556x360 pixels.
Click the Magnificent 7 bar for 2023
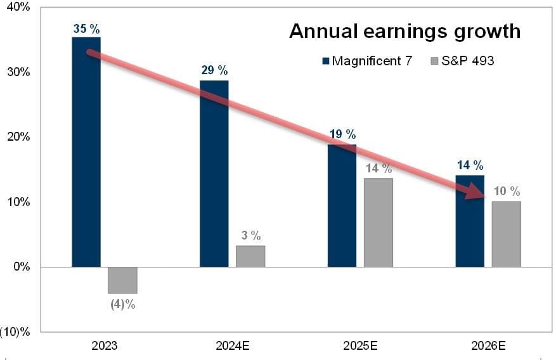(86, 152)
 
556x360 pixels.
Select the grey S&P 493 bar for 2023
(122, 280)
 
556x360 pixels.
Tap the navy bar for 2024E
(214, 174)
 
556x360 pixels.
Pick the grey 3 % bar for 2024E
(250, 256)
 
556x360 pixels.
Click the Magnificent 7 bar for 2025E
(342, 205)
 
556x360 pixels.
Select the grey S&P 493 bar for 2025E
(378, 222)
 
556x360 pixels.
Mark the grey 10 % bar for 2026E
(506, 234)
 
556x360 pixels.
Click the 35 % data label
(86, 29)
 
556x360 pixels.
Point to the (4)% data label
(122, 304)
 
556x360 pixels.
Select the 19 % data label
(342, 134)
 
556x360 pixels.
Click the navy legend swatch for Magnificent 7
(326, 61)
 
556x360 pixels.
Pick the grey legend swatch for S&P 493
(434, 61)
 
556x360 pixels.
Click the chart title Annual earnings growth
(405, 31)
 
